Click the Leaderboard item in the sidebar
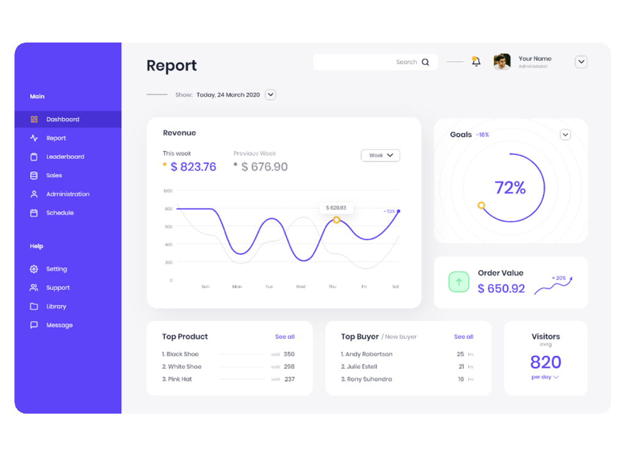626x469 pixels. point(65,157)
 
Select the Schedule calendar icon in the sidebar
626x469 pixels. point(34,213)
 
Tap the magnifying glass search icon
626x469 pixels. point(425,62)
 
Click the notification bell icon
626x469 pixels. point(476,62)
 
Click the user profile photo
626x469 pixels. point(502,62)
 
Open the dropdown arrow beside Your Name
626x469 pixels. point(581,62)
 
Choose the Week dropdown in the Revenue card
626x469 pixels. point(380,156)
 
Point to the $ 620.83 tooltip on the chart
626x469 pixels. point(336,208)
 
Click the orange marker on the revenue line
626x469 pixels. point(336,220)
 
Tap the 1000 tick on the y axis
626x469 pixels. point(168,191)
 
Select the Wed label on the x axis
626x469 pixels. point(301,286)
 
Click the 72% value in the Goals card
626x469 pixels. point(510,187)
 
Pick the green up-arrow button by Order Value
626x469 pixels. point(458,282)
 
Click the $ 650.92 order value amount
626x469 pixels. point(501,289)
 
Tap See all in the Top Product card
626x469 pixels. point(285,337)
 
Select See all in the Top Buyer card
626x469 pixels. point(463,337)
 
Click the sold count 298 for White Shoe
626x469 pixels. point(289,367)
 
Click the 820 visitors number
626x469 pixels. point(545,363)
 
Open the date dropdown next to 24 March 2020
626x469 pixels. point(270,95)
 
